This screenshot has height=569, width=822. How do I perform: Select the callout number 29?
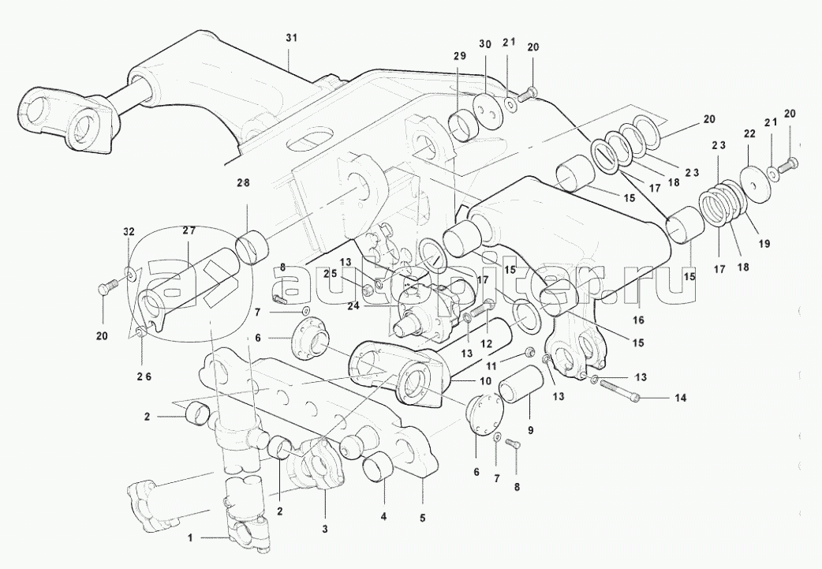point(460,57)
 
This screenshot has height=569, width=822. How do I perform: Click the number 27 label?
point(189,230)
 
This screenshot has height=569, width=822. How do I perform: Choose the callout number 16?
point(637,320)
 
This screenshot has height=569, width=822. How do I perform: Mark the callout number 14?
point(681,399)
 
